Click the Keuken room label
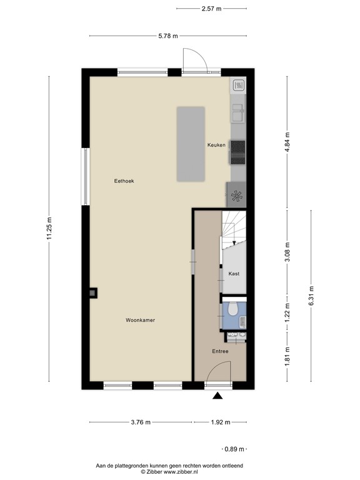(x=216, y=145)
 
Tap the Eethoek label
(x=124, y=181)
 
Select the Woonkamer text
(x=140, y=320)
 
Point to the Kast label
(x=234, y=274)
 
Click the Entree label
(x=219, y=351)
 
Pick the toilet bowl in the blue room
(x=232, y=308)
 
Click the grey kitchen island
(x=191, y=144)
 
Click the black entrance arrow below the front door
(x=217, y=396)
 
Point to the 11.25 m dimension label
(x=49, y=228)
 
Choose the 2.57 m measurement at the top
(x=211, y=9)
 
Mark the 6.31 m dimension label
(x=311, y=296)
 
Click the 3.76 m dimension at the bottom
(x=141, y=422)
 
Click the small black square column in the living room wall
(x=93, y=292)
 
